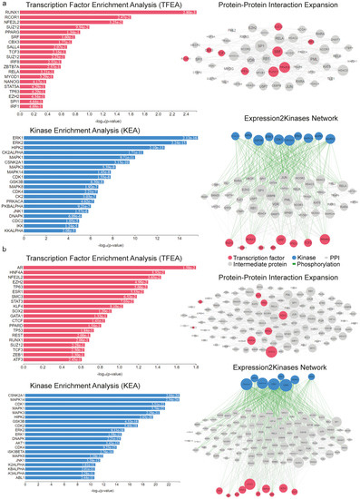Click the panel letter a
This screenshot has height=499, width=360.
pos(5,5)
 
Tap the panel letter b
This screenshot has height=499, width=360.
pos(5,247)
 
